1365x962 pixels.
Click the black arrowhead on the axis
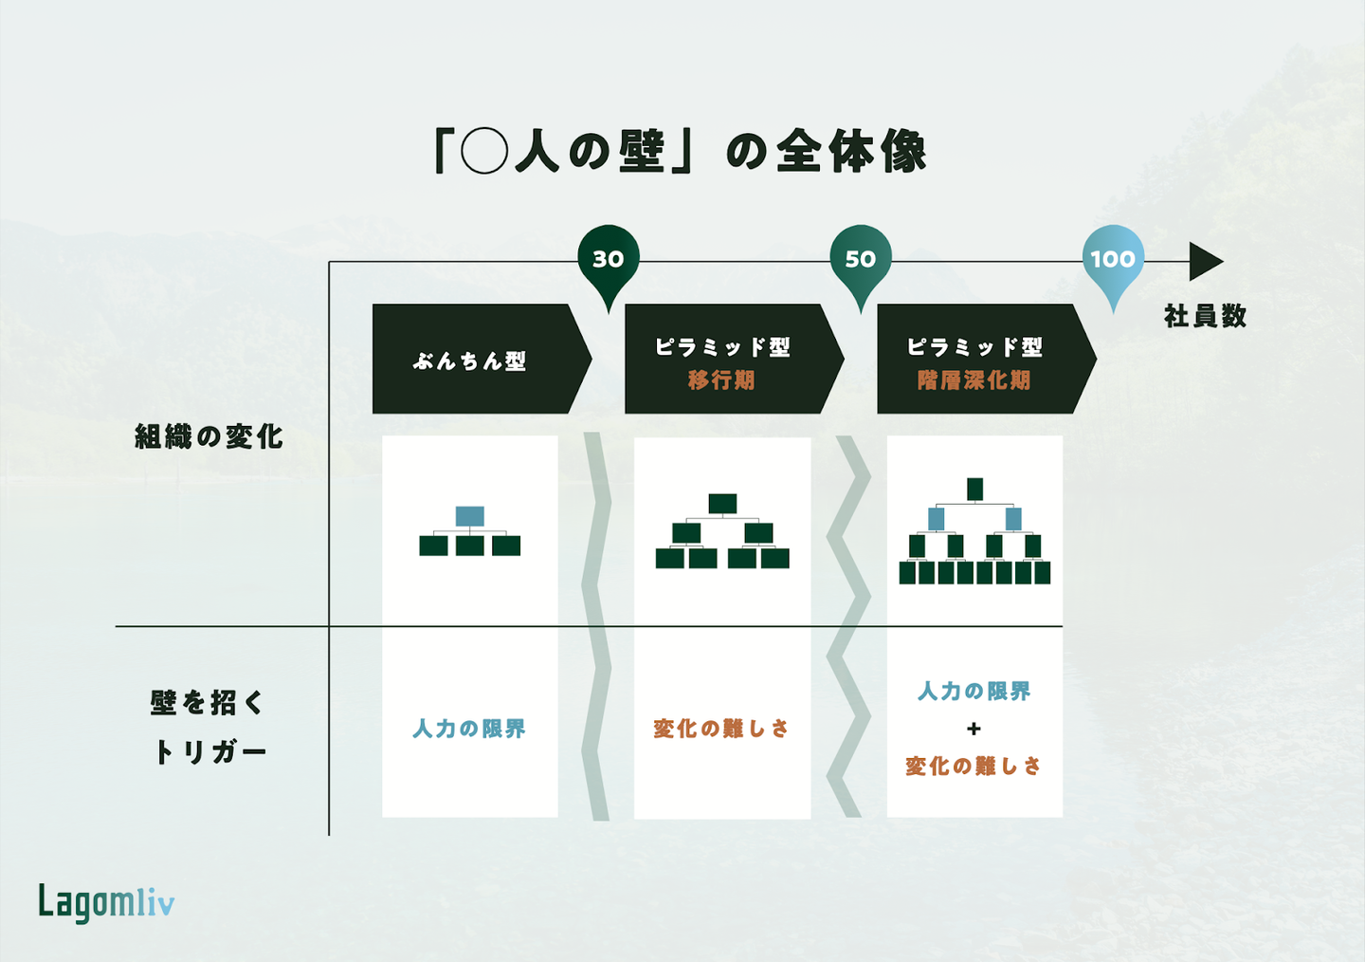pos(1205,262)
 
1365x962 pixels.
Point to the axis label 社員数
pos(1205,316)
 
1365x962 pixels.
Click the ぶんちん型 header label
pos(469,361)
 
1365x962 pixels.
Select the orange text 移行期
pos(721,380)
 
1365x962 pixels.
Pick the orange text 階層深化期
pos(974,380)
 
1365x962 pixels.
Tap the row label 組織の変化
pos(209,436)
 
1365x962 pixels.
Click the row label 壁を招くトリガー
pos(209,728)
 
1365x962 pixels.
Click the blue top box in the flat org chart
pos(469,516)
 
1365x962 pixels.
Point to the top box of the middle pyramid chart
pos(722,504)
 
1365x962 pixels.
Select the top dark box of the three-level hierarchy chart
pos(974,489)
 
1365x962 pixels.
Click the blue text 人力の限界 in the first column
pos(469,729)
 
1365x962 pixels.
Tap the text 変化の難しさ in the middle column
pos(721,729)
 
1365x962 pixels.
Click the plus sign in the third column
pos(974,729)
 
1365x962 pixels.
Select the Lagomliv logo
pos(106,902)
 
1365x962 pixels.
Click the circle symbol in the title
pos(484,151)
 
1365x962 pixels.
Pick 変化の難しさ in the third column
pos(974,766)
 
